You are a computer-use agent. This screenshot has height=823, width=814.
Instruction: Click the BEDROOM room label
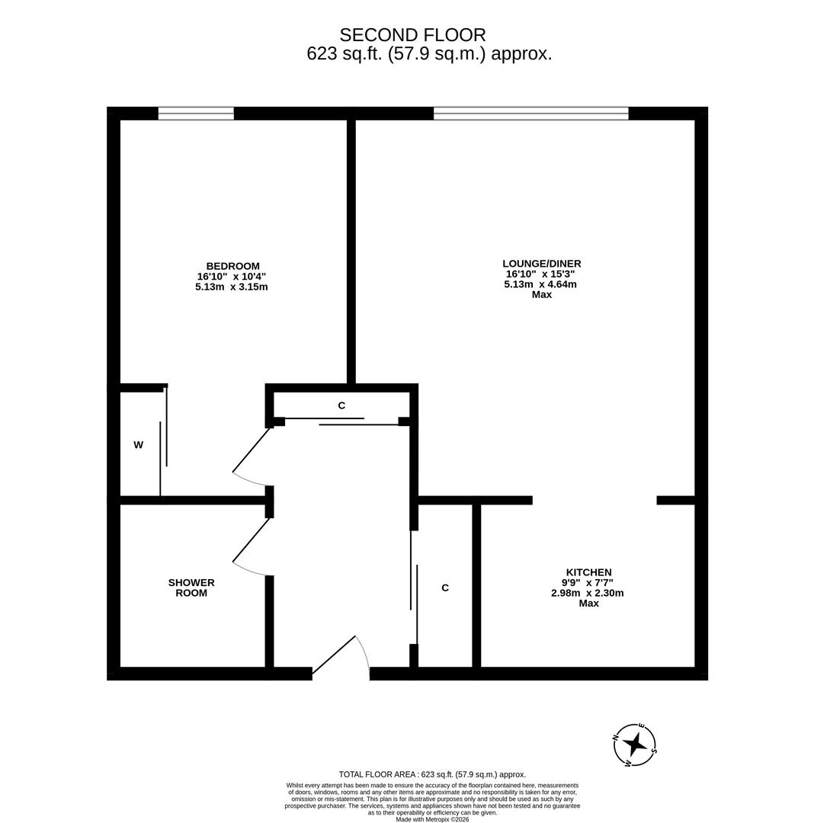tap(232, 266)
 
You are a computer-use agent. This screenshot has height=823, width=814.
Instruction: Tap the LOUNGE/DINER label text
tap(541, 264)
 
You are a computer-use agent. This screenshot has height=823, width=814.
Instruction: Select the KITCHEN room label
tap(588, 572)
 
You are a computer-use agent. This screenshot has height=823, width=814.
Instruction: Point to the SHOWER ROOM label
tap(191, 588)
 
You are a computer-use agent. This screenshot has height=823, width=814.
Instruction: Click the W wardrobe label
tap(138, 445)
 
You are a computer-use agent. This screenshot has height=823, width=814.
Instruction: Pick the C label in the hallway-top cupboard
tap(341, 405)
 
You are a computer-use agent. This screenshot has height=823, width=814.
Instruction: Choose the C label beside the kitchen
tap(445, 588)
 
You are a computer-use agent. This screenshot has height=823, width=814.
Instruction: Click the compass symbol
tap(634, 745)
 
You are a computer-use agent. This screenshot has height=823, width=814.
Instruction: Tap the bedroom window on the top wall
tap(196, 114)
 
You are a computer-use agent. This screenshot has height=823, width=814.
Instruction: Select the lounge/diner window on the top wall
tap(530, 114)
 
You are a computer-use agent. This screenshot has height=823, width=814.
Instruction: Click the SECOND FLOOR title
tap(412, 35)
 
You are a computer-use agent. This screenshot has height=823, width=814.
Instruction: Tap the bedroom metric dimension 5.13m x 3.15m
tap(231, 287)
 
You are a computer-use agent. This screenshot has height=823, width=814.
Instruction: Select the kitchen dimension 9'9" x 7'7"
tap(588, 582)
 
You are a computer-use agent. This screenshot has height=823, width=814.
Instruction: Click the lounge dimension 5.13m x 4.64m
tap(540, 284)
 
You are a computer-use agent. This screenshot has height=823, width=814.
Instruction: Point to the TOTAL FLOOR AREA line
tap(432, 774)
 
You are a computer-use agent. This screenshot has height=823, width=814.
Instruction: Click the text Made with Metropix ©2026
tap(432, 819)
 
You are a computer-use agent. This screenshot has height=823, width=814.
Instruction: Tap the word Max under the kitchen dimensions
tap(588, 603)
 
